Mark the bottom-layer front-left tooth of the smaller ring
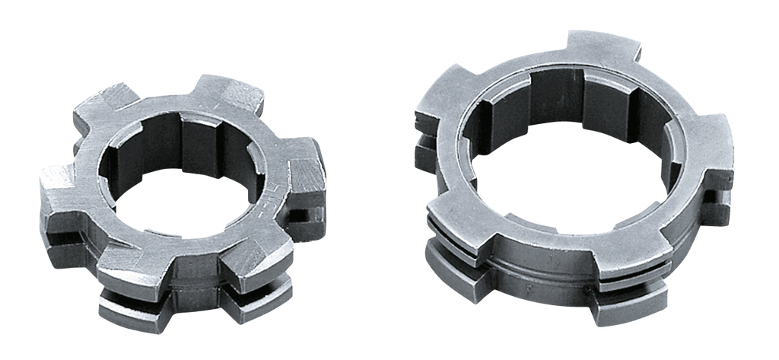pos(126,304)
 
